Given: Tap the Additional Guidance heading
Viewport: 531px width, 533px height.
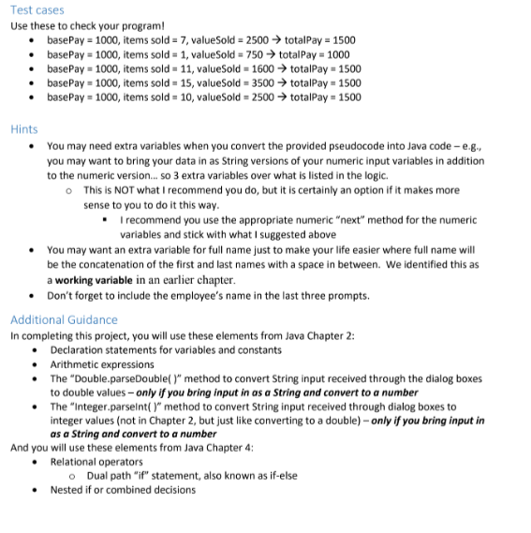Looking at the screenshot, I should point(64,319).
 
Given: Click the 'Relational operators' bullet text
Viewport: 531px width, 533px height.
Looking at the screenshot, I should point(97,462).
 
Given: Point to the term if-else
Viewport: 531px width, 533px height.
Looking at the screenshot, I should point(278,475).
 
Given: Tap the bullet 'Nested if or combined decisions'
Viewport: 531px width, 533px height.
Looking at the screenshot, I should point(123,489).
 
